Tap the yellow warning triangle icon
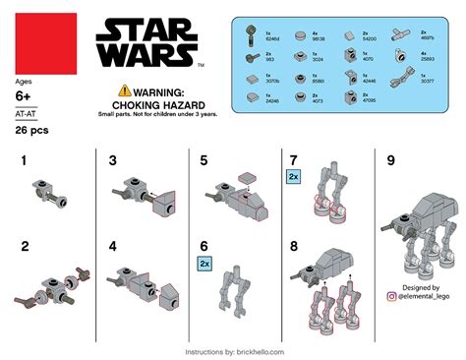point(124,89)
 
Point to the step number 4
point(113,246)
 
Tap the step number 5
point(204,160)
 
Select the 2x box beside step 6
point(204,265)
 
